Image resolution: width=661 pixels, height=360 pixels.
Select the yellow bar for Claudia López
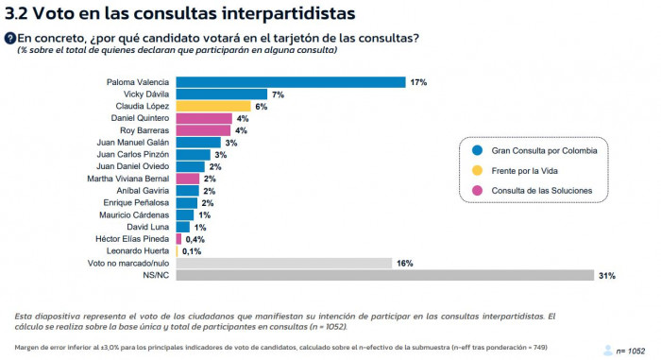pyautogui.click(x=213, y=107)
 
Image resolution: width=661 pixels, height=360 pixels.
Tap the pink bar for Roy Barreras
pyautogui.click(x=203, y=130)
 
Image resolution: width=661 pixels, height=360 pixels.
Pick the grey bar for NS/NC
pyautogui.click(x=384, y=275)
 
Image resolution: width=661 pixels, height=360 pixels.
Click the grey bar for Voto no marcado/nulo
pyautogui.click(x=284, y=263)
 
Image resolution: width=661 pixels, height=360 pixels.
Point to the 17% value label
pyautogui.click(x=419, y=82)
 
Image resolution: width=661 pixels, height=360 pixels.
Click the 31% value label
pyautogui.click(x=607, y=275)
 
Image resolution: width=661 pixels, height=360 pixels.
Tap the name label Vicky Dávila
pyautogui.click(x=147, y=94)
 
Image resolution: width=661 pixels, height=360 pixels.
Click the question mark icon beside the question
pyautogui.click(x=10, y=38)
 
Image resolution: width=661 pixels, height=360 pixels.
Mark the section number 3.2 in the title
pyautogui.click(x=16, y=13)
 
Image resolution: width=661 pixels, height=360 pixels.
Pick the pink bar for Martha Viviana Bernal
pyautogui.click(x=188, y=179)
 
